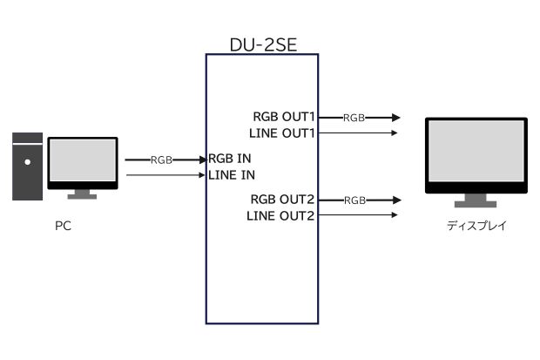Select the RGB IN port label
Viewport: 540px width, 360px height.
(230, 160)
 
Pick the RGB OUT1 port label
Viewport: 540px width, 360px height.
(284, 117)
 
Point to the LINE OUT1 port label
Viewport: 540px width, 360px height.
(282, 132)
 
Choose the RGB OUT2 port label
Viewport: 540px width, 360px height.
(282, 200)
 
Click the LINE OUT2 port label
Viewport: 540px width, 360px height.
(280, 215)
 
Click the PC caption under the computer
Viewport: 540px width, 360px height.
(62, 226)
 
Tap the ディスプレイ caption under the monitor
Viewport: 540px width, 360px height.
(476, 226)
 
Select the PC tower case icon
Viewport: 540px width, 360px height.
(28, 166)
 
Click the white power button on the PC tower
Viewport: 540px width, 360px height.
(27, 160)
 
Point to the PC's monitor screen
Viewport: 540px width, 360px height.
(82, 162)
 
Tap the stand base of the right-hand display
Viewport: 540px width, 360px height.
(476, 205)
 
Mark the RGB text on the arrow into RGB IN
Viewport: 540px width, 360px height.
(161, 160)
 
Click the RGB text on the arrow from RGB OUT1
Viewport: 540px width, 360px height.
(354, 117)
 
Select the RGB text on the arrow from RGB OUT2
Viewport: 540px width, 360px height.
(354, 200)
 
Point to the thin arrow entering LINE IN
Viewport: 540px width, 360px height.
(165, 176)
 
